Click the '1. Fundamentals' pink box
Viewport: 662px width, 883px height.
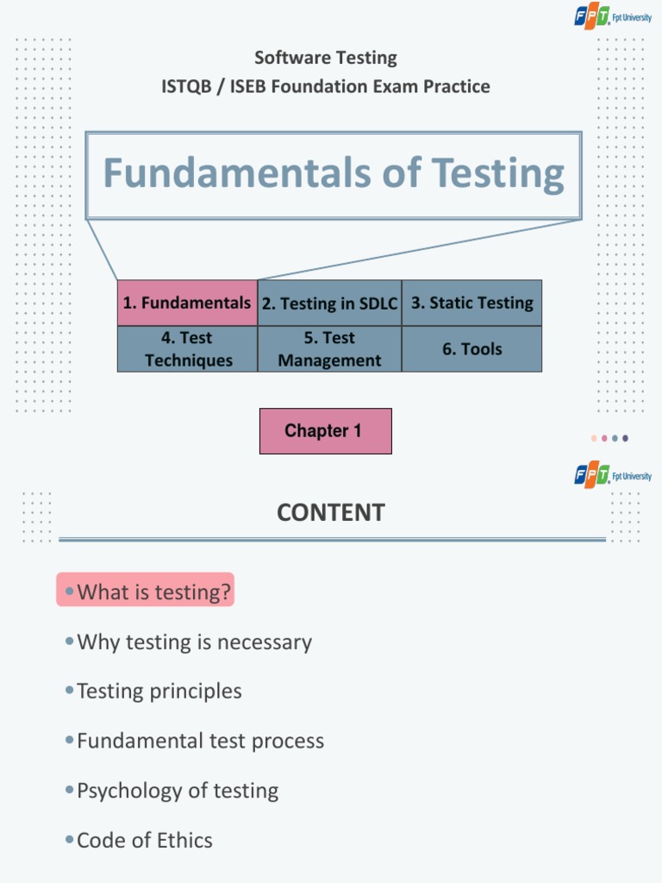pos(187,303)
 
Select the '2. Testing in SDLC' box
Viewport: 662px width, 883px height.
pos(329,303)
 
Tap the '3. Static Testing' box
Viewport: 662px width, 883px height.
pos(472,303)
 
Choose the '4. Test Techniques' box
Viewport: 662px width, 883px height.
pos(187,349)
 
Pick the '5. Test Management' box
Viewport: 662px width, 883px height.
pos(329,349)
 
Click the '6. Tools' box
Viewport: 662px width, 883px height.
pos(472,349)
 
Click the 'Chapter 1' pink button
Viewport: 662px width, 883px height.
pos(325,431)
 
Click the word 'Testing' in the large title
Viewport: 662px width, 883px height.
pos(498,173)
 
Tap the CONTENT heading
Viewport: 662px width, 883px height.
pos(330,512)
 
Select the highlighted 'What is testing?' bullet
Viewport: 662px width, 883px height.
pos(145,592)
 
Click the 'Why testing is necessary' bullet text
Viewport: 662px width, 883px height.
pos(194,642)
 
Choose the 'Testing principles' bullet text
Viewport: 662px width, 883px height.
pos(159,691)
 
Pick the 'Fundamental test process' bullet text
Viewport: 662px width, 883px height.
pos(200,741)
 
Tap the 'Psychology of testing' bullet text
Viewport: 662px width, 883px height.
pos(178,791)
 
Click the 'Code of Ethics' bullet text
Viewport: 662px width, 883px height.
pos(144,840)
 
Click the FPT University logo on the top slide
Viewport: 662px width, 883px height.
pos(613,18)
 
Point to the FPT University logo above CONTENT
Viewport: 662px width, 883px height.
pos(613,475)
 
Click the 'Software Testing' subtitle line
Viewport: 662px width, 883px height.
pos(326,58)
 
